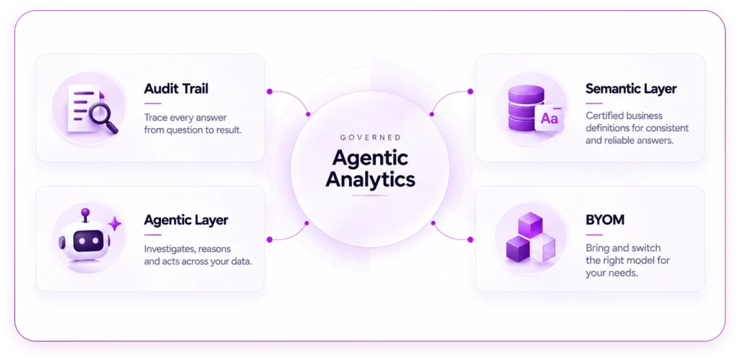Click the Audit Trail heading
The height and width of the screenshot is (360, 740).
(176, 88)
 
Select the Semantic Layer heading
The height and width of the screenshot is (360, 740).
(631, 88)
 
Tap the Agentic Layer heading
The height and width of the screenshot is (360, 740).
(186, 220)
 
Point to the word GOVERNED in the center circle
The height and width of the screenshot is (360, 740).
(370, 137)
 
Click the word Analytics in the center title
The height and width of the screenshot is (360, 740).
(371, 179)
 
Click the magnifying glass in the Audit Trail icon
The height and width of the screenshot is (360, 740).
(103, 118)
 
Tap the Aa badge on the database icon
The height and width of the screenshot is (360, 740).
(549, 119)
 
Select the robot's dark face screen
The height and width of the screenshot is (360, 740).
(87, 241)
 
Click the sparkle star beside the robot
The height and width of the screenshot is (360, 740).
(115, 223)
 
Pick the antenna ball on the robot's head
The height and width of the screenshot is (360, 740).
(85, 213)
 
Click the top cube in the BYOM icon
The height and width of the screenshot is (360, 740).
(531, 225)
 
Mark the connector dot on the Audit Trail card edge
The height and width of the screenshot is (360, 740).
(270, 92)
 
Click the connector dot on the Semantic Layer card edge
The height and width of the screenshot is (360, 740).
(470, 92)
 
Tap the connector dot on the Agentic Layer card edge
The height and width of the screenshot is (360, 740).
(270, 240)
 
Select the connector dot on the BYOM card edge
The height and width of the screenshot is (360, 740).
(470, 240)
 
